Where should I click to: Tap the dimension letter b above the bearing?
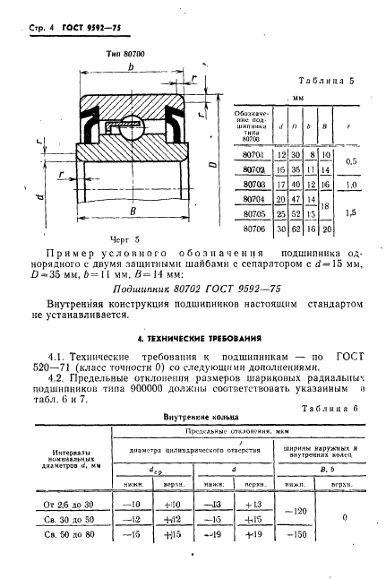(x=133, y=67)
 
